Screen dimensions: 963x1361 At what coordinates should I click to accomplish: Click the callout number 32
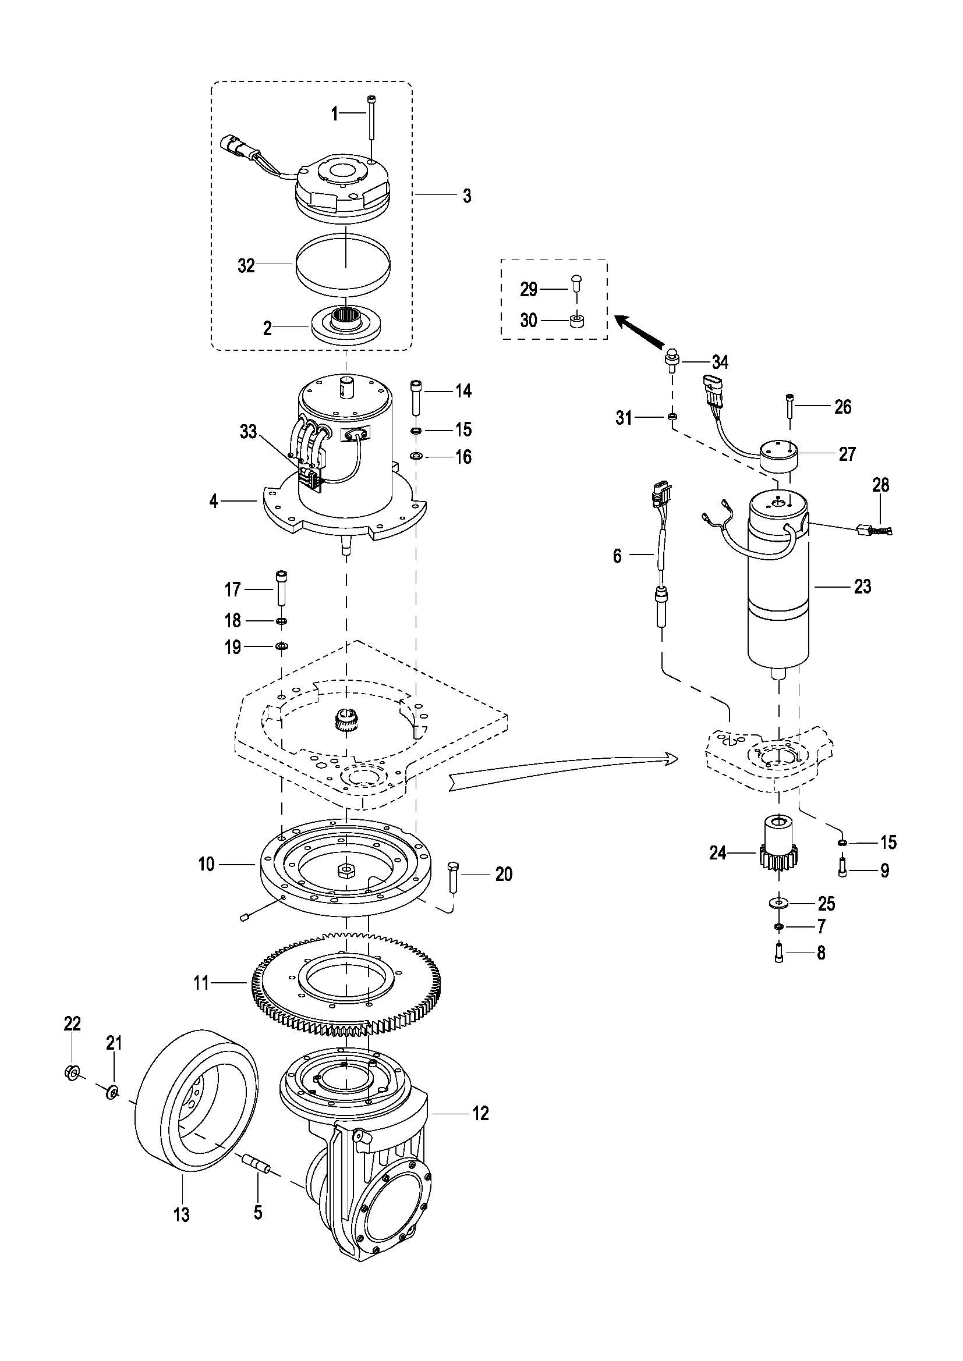(246, 265)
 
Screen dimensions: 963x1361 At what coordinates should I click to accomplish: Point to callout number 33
(249, 432)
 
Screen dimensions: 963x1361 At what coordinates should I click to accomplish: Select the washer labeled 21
(111, 1090)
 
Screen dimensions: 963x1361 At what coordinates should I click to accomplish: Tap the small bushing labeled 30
(575, 321)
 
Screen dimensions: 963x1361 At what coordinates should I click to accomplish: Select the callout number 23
(862, 587)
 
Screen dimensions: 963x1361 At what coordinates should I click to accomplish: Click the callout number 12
(481, 1113)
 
